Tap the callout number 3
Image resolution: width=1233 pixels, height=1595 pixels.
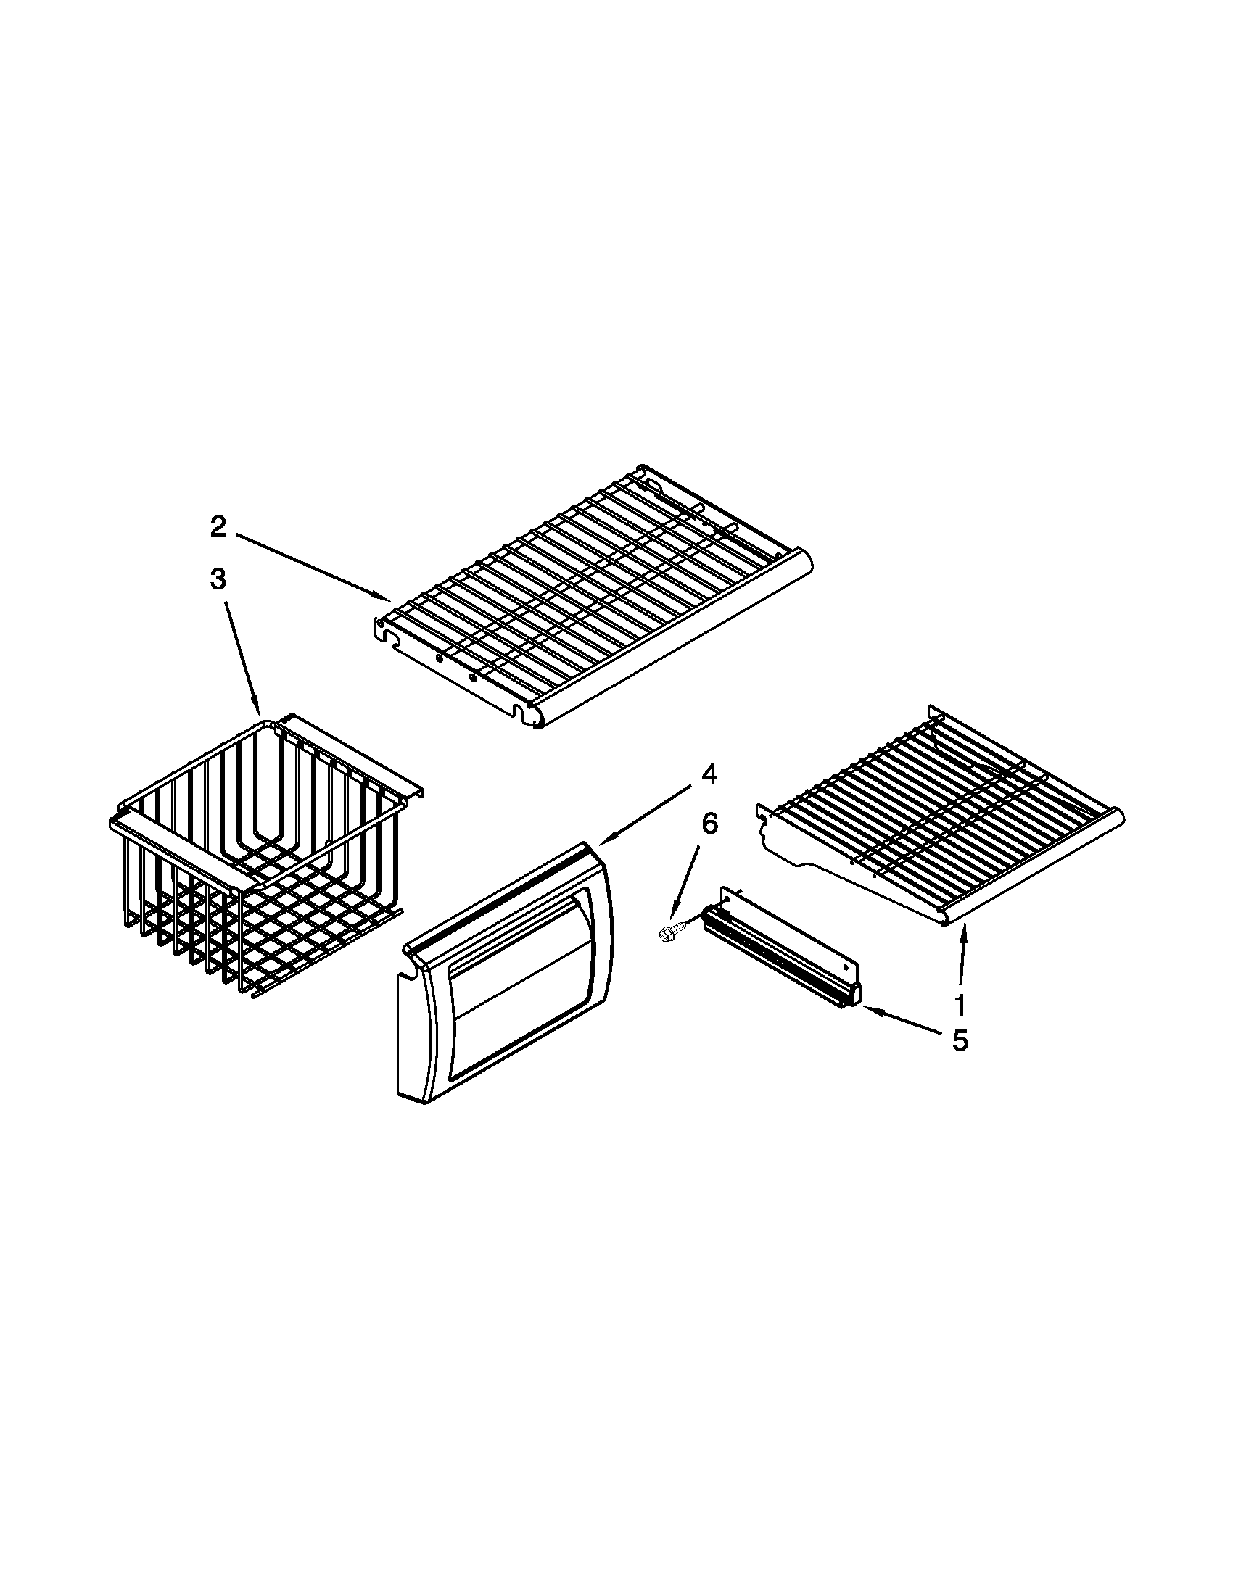pyautogui.click(x=218, y=579)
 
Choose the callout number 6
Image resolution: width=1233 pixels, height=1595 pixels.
pyautogui.click(x=709, y=824)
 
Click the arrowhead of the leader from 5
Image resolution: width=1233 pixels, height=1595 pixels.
pyautogui.click(x=865, y=1010)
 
